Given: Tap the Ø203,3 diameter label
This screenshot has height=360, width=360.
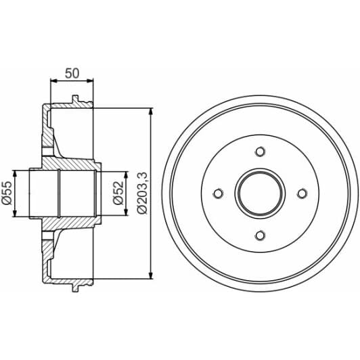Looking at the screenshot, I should pyautogui.click(x=141, y=193).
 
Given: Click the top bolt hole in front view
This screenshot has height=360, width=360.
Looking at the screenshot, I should pyautogui.click(x=260, y=152).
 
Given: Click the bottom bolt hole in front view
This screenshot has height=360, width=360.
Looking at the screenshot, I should pyautogui.click(x=260, y=235).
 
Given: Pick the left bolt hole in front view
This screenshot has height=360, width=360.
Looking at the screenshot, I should pyautogui.click(x=218, y=194).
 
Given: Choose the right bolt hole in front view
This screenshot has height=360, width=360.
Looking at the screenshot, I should pyautogui.click(x=302, y=194).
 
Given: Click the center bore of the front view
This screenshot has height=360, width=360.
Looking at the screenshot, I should pyautogui.click(x=260, y=194).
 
